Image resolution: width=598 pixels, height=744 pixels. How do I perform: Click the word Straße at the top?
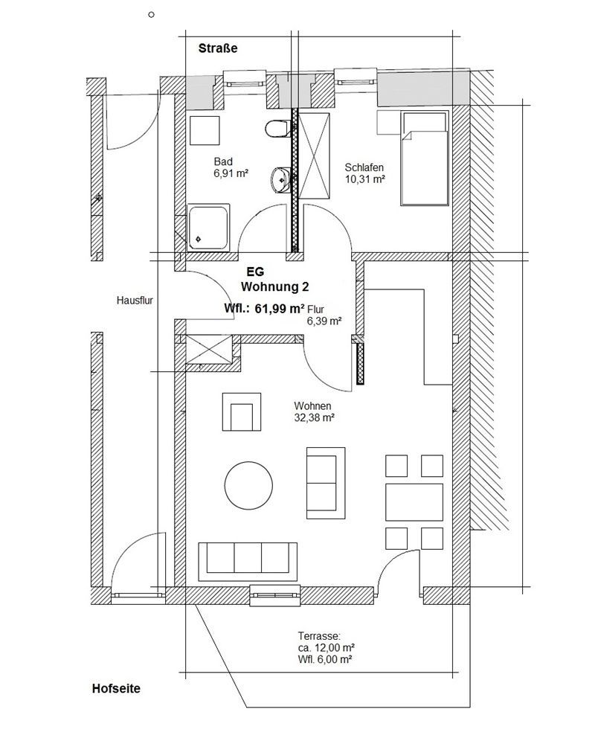[x=218, y=48]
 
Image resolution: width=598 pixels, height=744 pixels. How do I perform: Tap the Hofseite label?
[x=116, y=688]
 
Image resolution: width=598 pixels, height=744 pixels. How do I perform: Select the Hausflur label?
[x=135, y=301]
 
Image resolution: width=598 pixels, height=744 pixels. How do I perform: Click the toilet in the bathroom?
[x=277, y=129]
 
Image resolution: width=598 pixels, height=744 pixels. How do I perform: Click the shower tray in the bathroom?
[x=209, y=228]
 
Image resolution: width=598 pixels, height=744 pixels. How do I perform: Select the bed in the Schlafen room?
[x=425, y=158]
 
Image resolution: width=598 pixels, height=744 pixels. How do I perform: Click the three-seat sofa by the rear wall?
[x=248, y=561]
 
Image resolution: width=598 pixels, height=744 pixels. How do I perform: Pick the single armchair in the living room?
[x=242, y=411]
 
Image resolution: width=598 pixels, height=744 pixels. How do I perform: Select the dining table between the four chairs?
[x=414, y=502]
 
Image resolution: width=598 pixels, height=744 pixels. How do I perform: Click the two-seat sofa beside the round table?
[x=325, y=484]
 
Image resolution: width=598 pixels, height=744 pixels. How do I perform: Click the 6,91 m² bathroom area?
[x=231, y=173]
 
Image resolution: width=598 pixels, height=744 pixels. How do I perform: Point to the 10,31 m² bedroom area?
[x=364, y=179]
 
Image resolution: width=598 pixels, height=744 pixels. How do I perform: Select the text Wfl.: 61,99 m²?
[x=264, y=309]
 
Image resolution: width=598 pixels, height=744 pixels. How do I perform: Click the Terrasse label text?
[x=319, y=636]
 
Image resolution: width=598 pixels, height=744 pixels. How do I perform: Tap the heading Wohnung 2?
[x=275, y=287]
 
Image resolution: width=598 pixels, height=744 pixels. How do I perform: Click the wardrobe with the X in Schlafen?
[x=314, y=155]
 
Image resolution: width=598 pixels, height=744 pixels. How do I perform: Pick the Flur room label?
[x=316, y=310]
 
